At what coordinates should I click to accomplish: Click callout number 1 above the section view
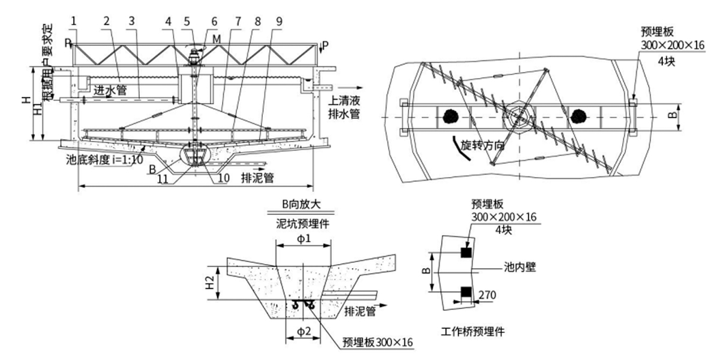tap(73, 21)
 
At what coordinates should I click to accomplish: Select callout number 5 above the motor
tap(187, 21)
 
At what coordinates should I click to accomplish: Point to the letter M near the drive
tap(216, 39)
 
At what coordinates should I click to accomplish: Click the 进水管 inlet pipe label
tap(110, 90)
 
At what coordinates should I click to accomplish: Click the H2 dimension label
tap(210, 283)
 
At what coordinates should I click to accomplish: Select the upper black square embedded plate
tap(466, 253)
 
